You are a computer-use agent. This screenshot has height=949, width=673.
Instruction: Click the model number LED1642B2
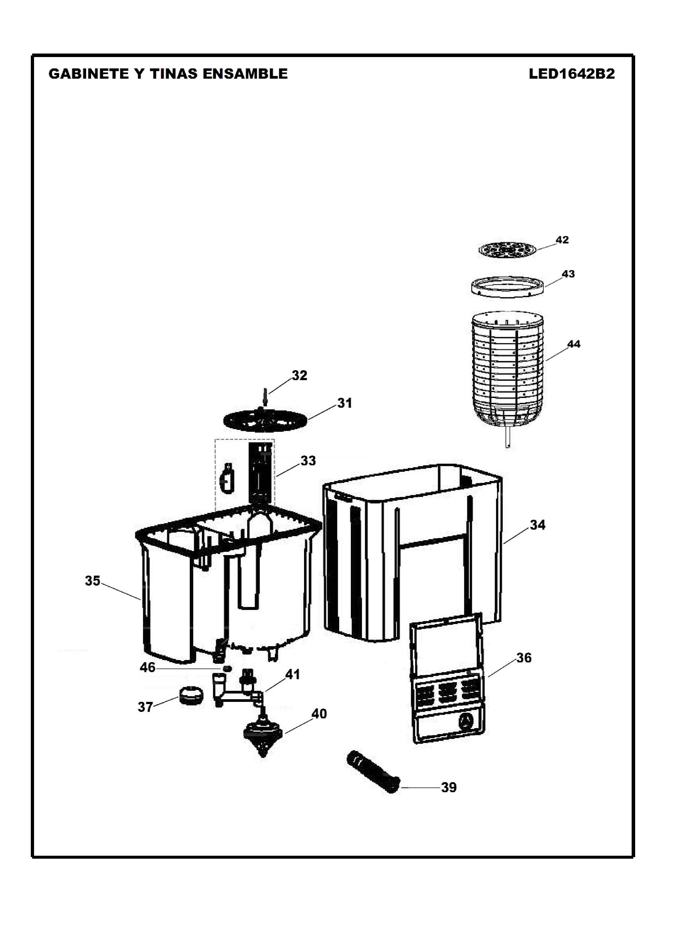click(571, 74)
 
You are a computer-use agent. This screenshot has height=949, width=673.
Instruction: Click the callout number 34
click(538, 525)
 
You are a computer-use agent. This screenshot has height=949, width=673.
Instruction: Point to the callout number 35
click(92, 581)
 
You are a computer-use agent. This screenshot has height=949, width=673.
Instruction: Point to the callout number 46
click(148, 668)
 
